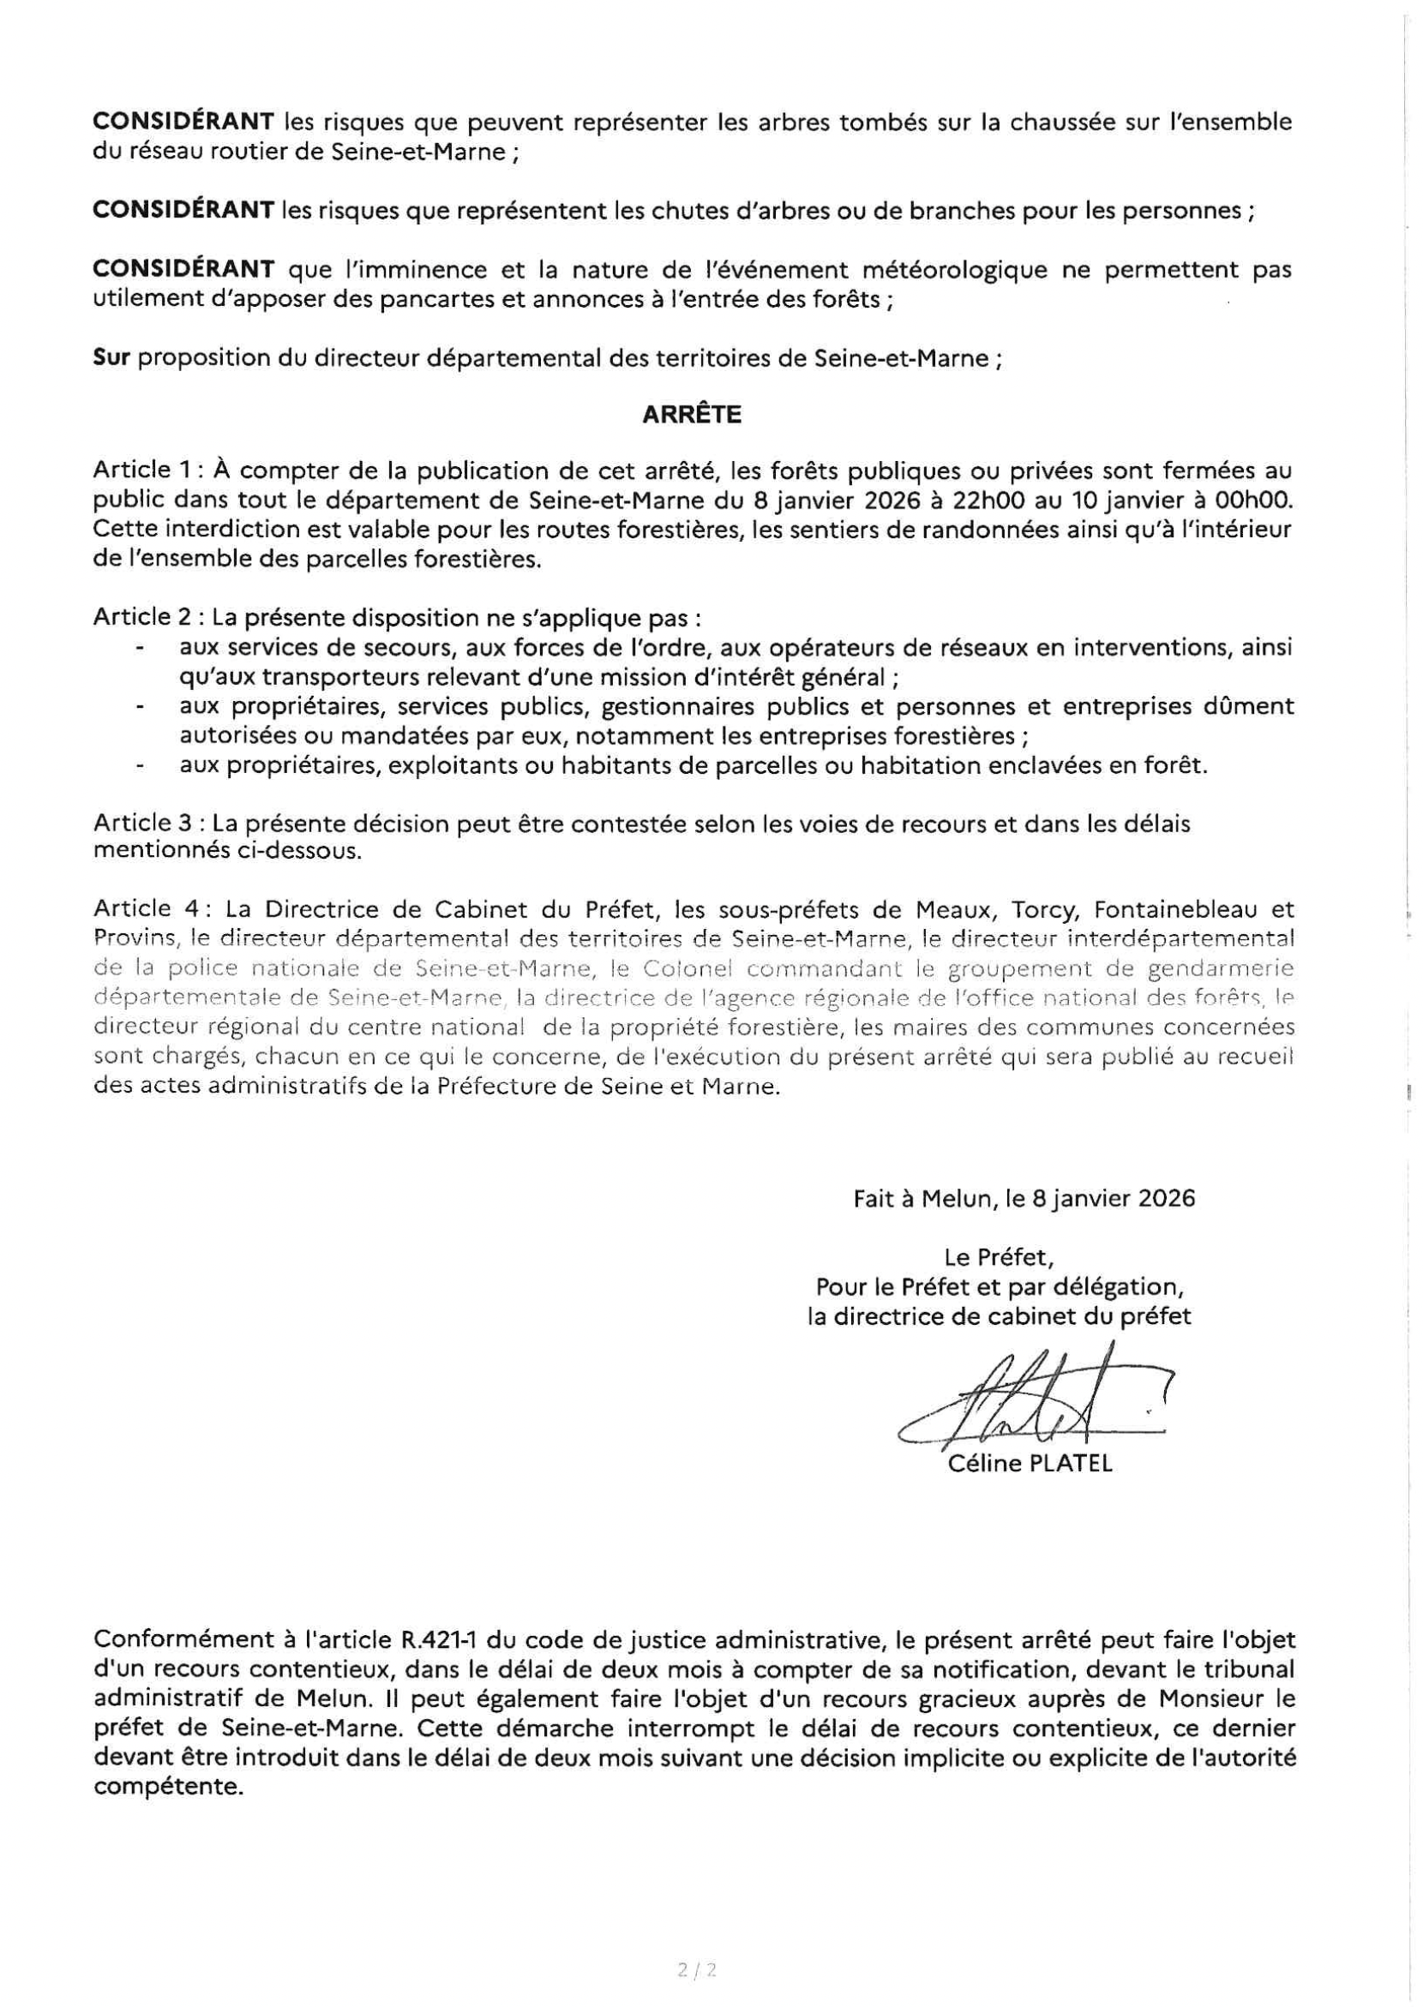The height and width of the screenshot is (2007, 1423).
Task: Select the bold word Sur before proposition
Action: (x=111, y=359)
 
